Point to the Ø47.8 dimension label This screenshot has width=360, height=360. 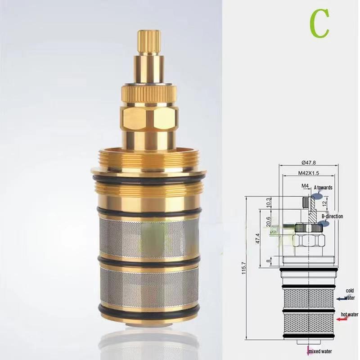pos(308,162)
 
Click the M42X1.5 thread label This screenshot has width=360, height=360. pos(309,173)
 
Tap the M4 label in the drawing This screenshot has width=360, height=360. pos(305,186)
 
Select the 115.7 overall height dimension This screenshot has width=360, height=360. pos(244,268)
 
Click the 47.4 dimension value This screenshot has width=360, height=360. pos(257,238)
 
